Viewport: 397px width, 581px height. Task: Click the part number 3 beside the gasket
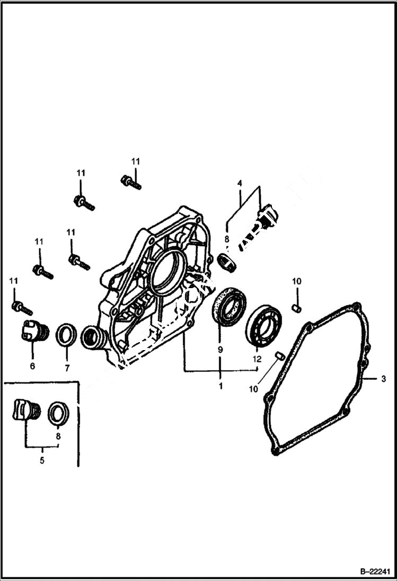click(x=383, y=379)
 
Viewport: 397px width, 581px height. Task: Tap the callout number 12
click(x=257, y=359)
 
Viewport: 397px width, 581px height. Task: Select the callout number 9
click(x=220, y=350)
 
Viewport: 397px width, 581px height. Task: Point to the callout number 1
click(x=220, y=386)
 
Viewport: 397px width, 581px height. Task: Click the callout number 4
click(x=240, y=183)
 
